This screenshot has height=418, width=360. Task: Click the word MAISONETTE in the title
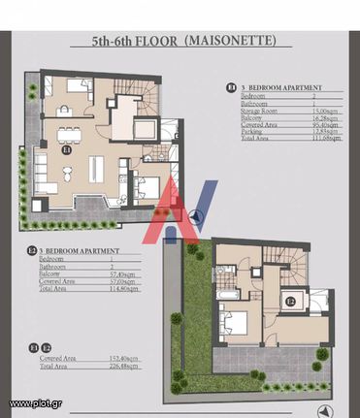click(x=231, y=42)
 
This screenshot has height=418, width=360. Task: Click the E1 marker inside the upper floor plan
click(x=67, y=151)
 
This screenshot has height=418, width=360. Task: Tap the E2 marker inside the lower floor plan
click(x=290, y=301)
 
